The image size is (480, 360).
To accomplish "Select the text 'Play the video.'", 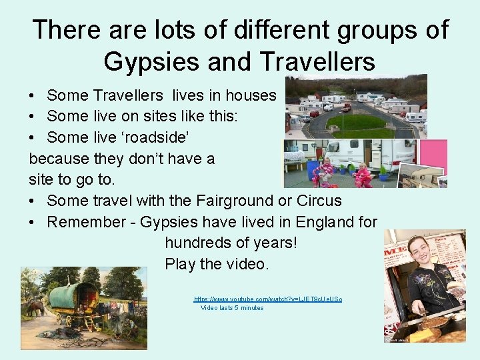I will click(x=217, y=264).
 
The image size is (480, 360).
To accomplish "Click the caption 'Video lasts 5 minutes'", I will click(x=232, y=308).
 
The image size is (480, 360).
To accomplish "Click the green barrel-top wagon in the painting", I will click(x=74, y=296).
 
